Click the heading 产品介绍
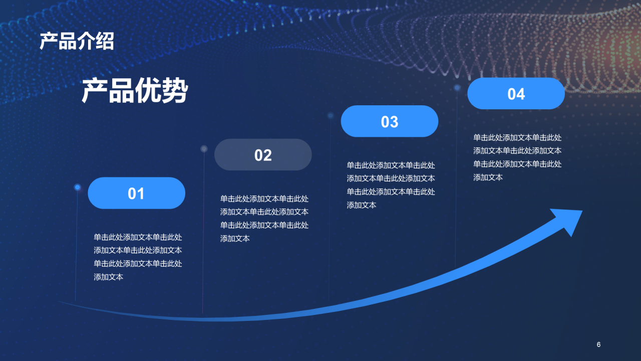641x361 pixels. (77, 41)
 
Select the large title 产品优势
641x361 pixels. (135, 91)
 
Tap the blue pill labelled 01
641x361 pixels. (136, 193)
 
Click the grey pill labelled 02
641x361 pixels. (263, 154)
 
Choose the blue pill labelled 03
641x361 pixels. (390, 121)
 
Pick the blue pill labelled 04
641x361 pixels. (516, 94)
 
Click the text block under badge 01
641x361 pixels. (138, 257)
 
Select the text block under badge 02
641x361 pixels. (264, 219)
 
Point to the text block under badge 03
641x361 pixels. (391, 185)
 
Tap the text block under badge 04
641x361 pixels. (517, 157)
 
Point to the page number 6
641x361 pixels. (598, 344)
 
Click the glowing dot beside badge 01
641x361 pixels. (78, 187)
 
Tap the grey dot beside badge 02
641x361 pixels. (204, 148)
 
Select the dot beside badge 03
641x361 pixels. (331, 115)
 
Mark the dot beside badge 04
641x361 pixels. (457, 88)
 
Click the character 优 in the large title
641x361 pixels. (148, 91)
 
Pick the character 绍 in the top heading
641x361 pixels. (105, 41)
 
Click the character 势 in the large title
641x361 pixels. (174, 91)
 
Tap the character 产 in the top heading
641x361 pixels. (49, 41)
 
